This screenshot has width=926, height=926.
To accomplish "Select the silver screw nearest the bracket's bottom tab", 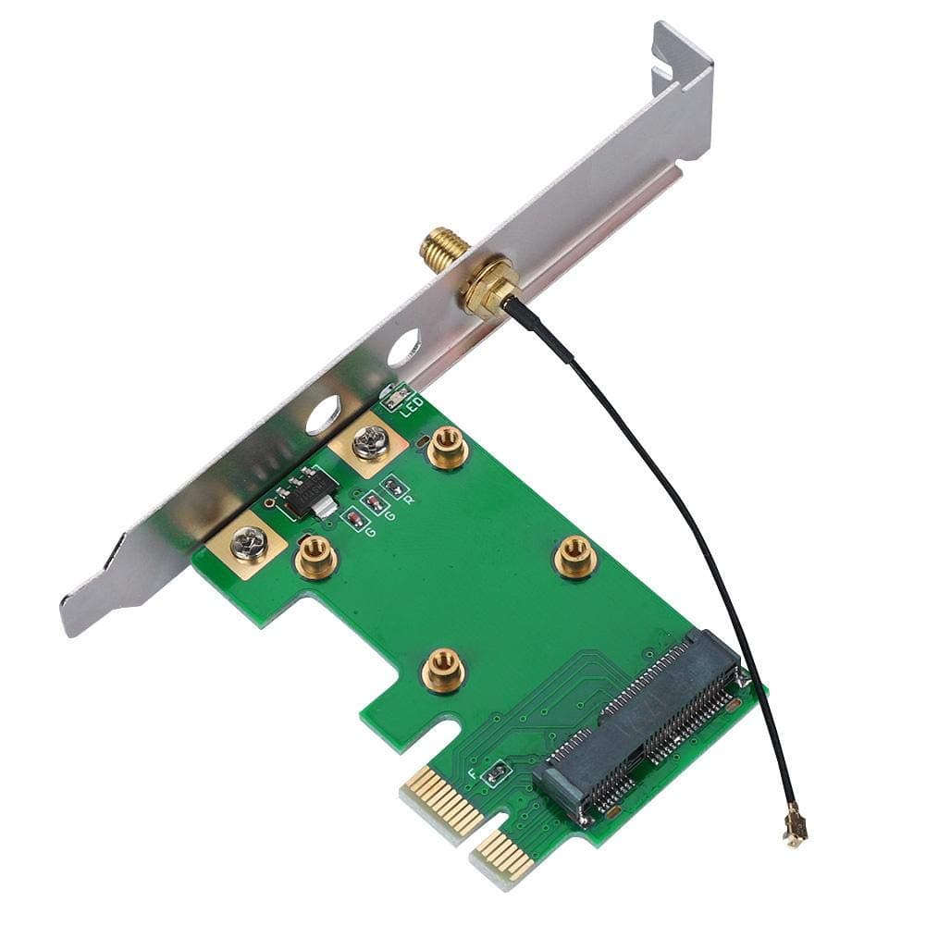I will pyautogui.click(x=251, y=544).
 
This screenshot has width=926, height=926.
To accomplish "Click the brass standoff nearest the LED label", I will pyautogui.click(x=447, y=449).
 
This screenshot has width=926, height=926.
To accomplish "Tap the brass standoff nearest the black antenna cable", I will pyautogui.click(x=574, y=558).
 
